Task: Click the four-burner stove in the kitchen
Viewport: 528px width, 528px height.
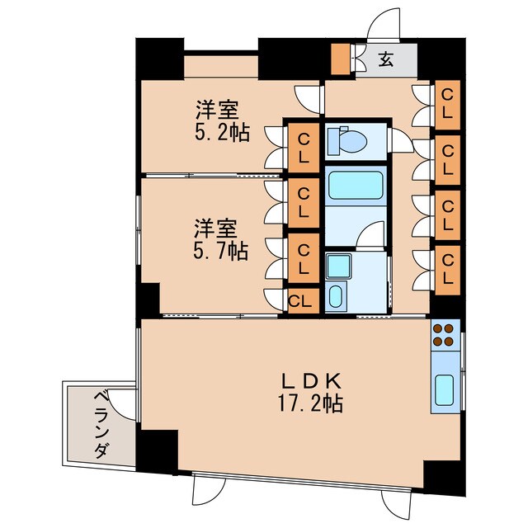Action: tap(442, 334)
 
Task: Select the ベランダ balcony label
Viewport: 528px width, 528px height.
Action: tap(97, 424)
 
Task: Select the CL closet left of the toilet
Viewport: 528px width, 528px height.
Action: tap(303, 147)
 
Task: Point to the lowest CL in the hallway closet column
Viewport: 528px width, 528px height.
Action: tap(447, 268)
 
